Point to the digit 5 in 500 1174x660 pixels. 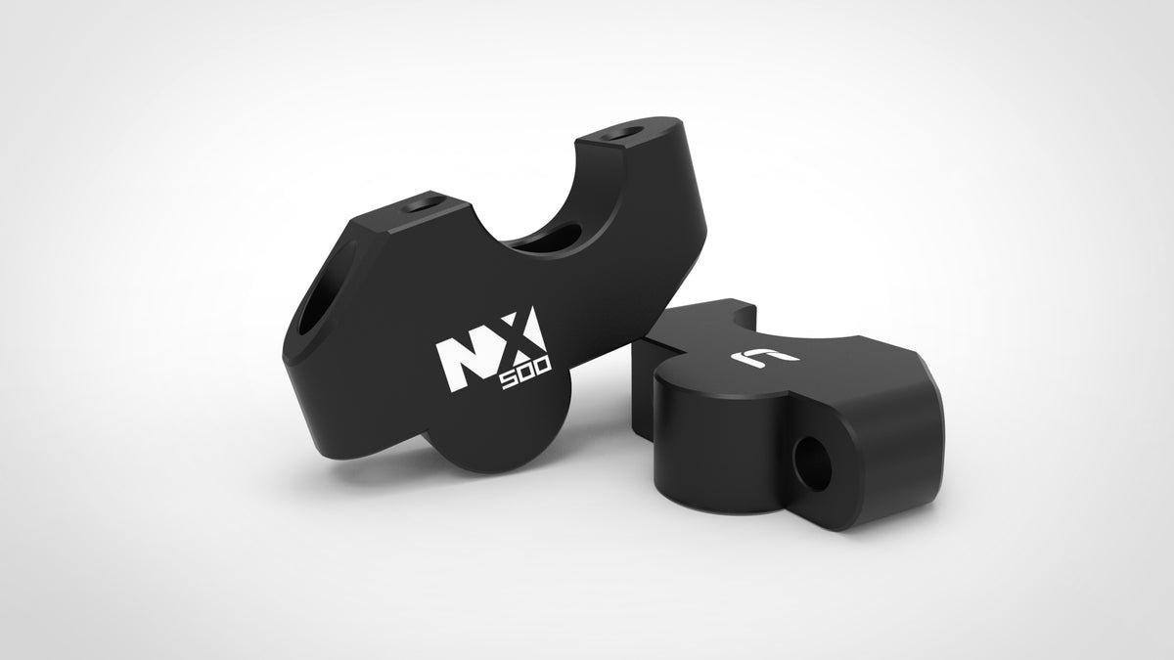[510, 381]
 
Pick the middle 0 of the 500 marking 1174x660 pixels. [527, 373]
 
